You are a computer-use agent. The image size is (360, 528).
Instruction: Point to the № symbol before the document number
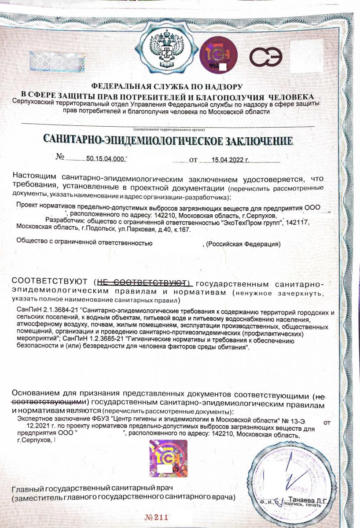60,158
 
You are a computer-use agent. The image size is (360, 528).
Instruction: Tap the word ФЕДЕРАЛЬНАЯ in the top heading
120,87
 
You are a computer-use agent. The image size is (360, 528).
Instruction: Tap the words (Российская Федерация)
243,244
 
